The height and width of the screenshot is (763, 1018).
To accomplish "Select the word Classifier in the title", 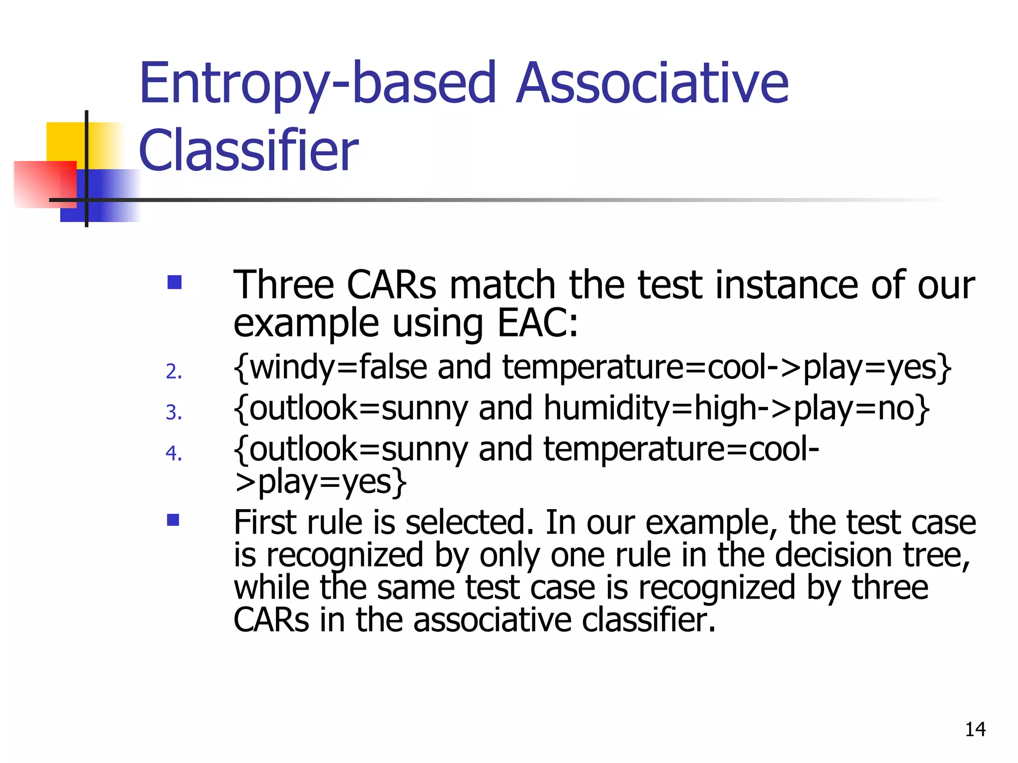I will coord(248,150).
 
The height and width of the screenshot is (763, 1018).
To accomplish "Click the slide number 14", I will coord(975,729).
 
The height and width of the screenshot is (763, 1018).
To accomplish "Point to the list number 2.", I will coord(173,372).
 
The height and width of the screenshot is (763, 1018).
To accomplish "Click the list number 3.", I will coord(173,412).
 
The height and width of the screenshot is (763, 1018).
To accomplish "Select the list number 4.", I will coord(173,453).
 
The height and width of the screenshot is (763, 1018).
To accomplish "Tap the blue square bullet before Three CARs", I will coord(174,283).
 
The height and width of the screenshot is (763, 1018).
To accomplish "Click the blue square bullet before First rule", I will coord(173,520).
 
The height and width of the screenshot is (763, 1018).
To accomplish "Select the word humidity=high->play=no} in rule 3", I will coord(736,409).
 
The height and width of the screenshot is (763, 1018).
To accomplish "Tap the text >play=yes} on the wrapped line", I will coord(321,482).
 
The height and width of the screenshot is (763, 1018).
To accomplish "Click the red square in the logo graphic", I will coord(45,184).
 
